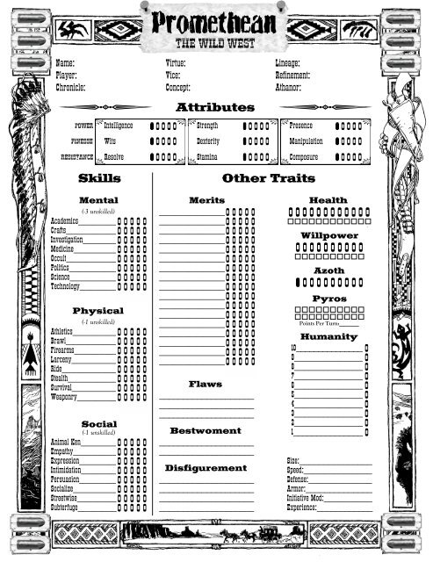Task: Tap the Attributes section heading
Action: click(x=215, y=107)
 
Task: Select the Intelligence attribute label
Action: click(x=119, y=126)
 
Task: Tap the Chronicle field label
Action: click(x=70, y=88)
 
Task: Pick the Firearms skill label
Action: click(x=64, y=349)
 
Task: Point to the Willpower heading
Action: click(x=328, y=236)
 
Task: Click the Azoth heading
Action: click(x=328, y=270)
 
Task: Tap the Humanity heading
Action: click(x=328, y=336)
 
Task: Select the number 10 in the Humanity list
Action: click(x=295, y=349)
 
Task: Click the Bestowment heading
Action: click(x=206, y=431)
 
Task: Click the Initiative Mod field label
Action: click(x=306, y=498)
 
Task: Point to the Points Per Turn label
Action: click(x=316, y=324)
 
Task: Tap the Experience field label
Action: click(x=302, y=508)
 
